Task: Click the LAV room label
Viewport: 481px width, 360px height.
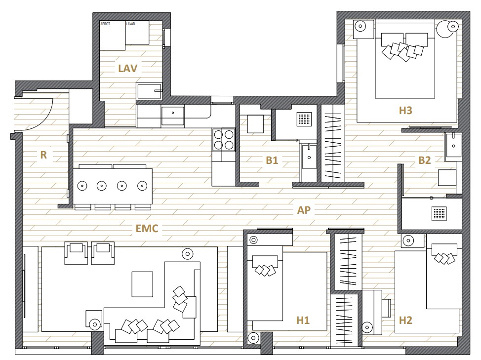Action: point(127,68)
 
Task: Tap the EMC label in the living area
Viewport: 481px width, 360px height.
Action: point(147,229)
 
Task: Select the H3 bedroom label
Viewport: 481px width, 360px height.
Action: point(405,110)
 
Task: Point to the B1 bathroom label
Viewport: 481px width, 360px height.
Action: point(272,160)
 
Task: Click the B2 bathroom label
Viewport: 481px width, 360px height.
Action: point(425,160)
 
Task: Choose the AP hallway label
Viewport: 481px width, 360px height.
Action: point(304,210)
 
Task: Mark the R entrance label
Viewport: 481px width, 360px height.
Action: point(43,155)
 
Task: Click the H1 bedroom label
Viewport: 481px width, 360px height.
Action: point(303,320)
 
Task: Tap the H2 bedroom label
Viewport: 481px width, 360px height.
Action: point(405,320)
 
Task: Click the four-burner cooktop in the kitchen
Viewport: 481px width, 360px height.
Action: point(224,140)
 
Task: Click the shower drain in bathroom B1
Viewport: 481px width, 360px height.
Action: point(304,119)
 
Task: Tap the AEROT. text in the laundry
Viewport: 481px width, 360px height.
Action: point(105,24)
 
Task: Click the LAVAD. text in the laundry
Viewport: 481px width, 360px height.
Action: point(131,24)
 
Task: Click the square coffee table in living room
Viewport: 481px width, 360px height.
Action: point(142,284)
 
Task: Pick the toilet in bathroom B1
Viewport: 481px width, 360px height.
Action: point(255,124)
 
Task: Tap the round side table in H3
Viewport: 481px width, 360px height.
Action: point(448,29)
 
